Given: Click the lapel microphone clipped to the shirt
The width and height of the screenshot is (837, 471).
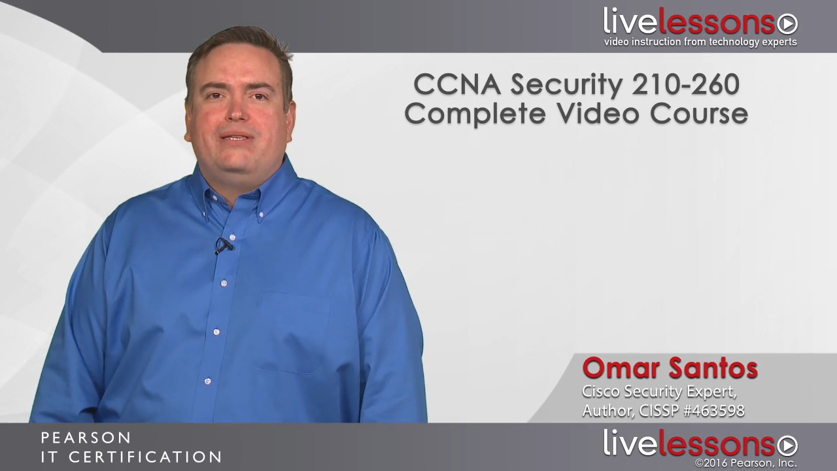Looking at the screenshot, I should (x=224, y=245).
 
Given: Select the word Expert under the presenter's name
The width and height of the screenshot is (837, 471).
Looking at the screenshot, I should (x=709, y=392).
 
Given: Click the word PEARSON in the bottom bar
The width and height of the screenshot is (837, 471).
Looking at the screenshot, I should (x=86, y=438).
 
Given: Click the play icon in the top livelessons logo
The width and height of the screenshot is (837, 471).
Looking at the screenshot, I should (x=787, y=24).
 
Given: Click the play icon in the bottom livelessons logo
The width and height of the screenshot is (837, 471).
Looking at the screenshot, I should (x=787, y=445).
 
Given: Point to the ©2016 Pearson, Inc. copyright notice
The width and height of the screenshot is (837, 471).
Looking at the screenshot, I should (x=745, y=464).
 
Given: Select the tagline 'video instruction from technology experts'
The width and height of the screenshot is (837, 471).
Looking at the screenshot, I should (x=700, y=43).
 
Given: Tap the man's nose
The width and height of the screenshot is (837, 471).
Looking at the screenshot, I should (x=235, y=113).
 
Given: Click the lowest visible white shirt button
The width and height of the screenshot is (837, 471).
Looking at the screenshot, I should (x=207, y=381).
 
